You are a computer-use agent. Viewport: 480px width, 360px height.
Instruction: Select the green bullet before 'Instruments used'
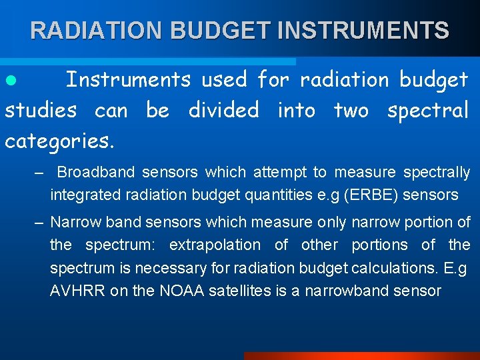(x=9, y=81)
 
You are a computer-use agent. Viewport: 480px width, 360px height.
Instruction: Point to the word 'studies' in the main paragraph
(x=41, y=110)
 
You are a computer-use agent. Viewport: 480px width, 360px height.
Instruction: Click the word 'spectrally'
(x=437, y=173)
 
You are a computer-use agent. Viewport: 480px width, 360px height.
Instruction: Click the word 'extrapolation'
(x=215, y=245)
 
